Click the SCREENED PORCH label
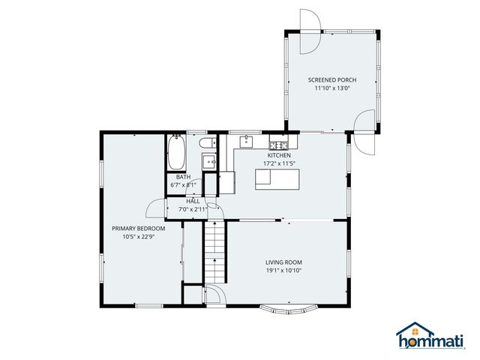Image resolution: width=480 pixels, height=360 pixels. click(331, 79)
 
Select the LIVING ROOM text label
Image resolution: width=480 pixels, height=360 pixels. click(283, 262)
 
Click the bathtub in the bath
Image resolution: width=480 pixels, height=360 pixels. click(177, 153)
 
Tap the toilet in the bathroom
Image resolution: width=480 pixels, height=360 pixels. click(207, 143)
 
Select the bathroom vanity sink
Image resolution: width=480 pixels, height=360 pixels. click(209, 161)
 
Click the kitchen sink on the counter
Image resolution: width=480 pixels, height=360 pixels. click(246, 141)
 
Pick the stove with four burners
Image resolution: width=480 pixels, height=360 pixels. click(278, 144)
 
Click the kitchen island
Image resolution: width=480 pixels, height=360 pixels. click(277, 178)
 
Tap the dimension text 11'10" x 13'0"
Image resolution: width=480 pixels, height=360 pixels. click(331, 88)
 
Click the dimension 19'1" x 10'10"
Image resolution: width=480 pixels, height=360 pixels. click(283, 271)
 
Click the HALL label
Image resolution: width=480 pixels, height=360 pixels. click(193, 201)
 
